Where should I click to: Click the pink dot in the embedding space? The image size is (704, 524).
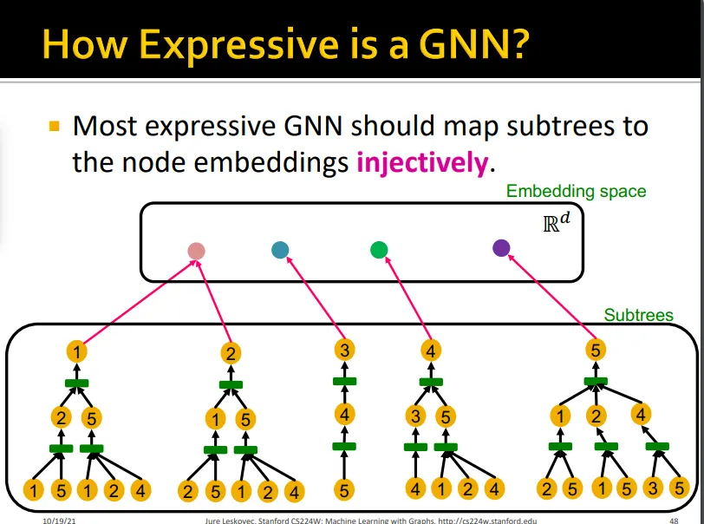pyautogui.click(x=196, y=252)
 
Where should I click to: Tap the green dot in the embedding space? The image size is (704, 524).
pyautogui.click(x=378, y=251)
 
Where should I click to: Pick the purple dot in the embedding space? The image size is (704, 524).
pyautogui.click(x=501, y=248)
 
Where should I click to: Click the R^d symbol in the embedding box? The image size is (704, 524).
pyautogui.click(x=557, y=221)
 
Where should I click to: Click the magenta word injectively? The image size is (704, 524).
pyautogui.click(x=422, y=161)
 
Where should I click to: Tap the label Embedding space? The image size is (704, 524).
pyautogui.click(x=576, y=191)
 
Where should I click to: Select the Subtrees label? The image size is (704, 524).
pyautogui.click(x=638, y=315)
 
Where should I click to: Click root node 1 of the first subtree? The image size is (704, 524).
pyautogui.click(x=78, y=351)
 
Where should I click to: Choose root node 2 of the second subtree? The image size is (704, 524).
pyautogui.click(x=231, y=353)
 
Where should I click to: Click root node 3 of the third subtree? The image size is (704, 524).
pyautogui.click(x=345, y=350)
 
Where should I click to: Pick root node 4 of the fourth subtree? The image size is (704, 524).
pyautogui.click(x=431, y=351)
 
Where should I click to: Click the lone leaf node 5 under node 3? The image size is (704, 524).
pyautogui.click(x=345, y=491)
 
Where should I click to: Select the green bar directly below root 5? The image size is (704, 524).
pyautogui.click(x=596, y=380)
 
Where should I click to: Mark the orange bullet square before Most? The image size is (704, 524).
pyautogui.click(x=54, y=127)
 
